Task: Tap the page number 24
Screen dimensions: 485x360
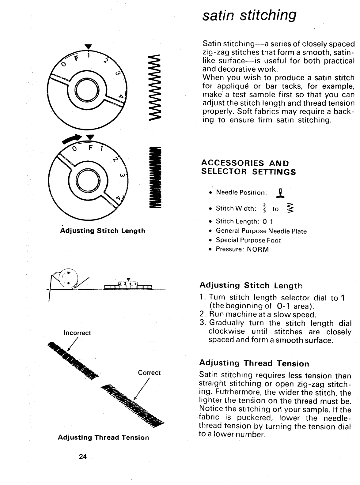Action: pos(83,457)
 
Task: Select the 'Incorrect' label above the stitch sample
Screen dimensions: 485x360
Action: pos(77,333)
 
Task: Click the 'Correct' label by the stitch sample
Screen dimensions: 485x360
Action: pos(149,373)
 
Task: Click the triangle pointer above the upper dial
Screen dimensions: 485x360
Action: pos(88,47)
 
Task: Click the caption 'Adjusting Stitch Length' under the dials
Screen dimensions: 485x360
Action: pos(103,231)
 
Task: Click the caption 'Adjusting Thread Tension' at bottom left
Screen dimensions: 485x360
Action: pos(103,437)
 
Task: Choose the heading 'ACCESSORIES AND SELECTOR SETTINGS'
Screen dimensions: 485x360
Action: pos(248,167)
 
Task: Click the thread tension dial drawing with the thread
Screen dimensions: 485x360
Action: pos(68,279)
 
